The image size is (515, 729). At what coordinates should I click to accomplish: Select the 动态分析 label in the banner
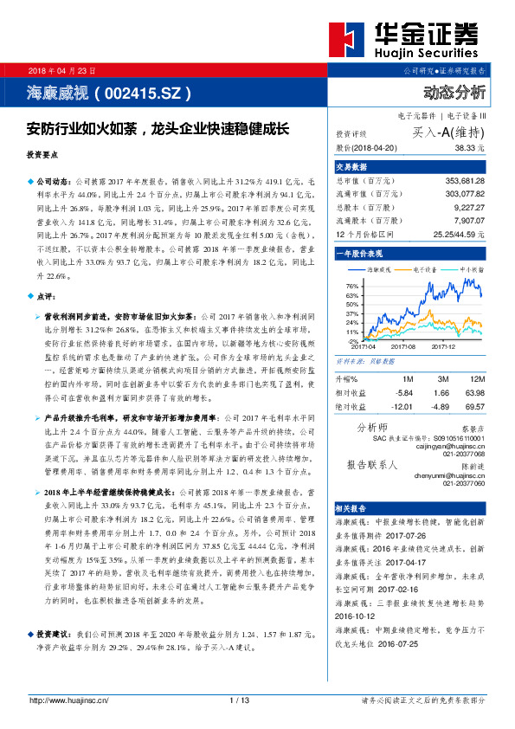click(x=455, y=91)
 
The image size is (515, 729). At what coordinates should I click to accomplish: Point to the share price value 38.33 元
click(x=468, y=148)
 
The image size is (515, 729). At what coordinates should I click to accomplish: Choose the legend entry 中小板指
click(x=472, y=269)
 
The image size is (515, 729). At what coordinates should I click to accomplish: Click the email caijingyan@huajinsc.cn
click(x=454, y=446)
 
